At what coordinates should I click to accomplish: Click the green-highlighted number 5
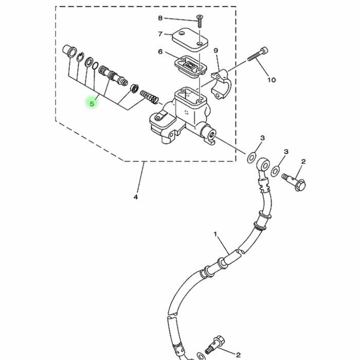click(x=92, y=103)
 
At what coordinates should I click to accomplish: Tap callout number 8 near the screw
click(x=160, y=18)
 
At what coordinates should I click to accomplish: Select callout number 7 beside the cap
click(x=160, y=34)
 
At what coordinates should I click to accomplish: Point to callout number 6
click(x=160, y=51)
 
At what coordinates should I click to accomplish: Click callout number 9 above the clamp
click(x=216, y=50)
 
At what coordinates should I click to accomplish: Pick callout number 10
click(x=272, y=80)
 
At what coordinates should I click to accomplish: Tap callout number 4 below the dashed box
click(x=136, y=197)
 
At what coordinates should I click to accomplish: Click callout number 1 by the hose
click(x=215, y=234)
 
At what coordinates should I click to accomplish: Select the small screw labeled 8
click(x=200, y=21)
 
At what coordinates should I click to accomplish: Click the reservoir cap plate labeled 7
click(x=190, y=41)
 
